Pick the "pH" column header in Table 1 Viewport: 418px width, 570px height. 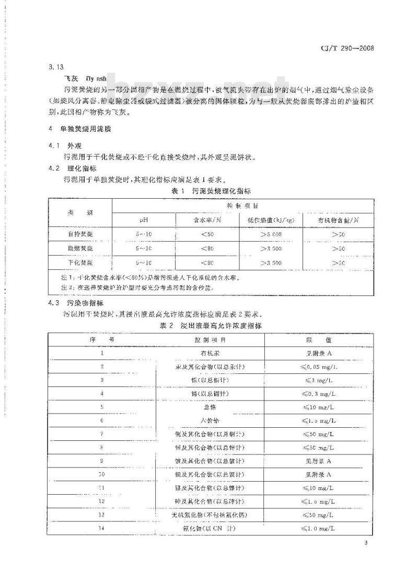click(144, 220)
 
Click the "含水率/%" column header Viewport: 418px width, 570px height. click(207, 220)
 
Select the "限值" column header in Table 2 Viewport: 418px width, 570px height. click(316, 340)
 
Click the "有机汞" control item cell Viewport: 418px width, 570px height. click(210, 354)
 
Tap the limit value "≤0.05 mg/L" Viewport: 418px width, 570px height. click(316, 367)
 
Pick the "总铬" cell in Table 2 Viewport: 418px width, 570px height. click(210, 407)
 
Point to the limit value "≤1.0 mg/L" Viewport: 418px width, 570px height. click(316, 529)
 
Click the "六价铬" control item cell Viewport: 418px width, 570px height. click(210, 420)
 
